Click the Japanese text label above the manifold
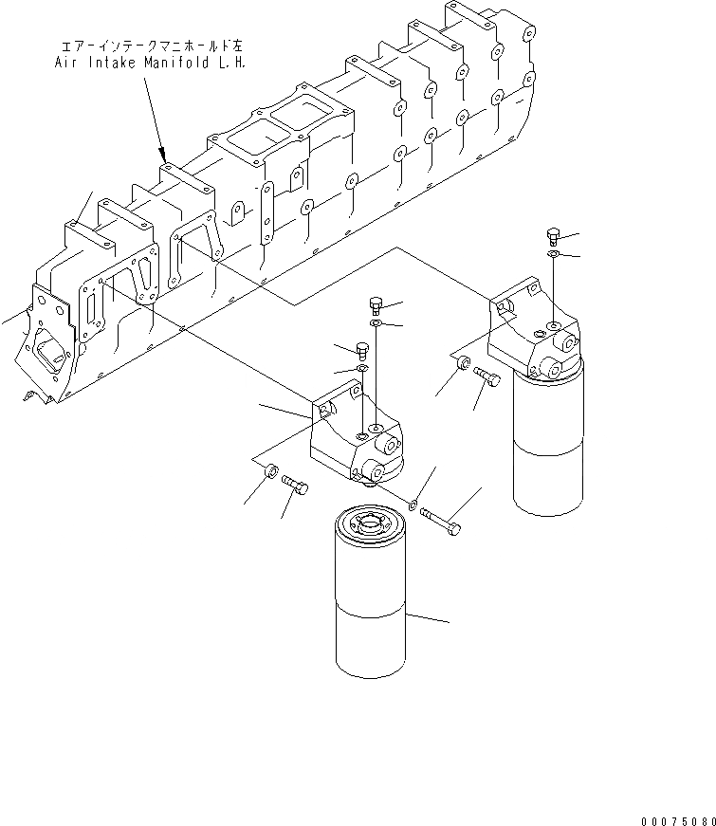[x=147, y=45]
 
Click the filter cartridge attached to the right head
[x=548, y=442]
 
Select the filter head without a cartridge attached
[x=359, y=431]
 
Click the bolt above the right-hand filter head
[x=553, y=237]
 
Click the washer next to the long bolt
[x=415, y=504]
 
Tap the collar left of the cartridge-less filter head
[x=270, y=470]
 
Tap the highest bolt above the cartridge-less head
[x=374, y=305]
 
